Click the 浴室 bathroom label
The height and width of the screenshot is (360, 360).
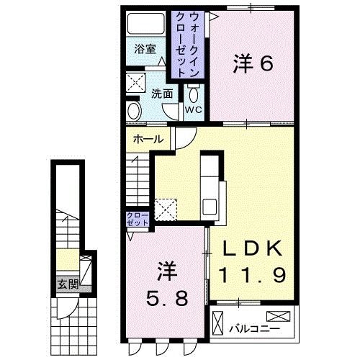145,49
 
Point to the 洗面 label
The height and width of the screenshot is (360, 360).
162,94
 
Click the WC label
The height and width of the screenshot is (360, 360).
193,109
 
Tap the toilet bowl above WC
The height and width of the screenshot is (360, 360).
193,94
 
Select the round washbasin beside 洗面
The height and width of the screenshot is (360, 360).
135,110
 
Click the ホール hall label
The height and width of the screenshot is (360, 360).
148,140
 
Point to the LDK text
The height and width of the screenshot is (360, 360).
252,249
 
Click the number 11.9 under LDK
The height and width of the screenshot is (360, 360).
252,274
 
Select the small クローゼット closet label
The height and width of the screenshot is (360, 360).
137,219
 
